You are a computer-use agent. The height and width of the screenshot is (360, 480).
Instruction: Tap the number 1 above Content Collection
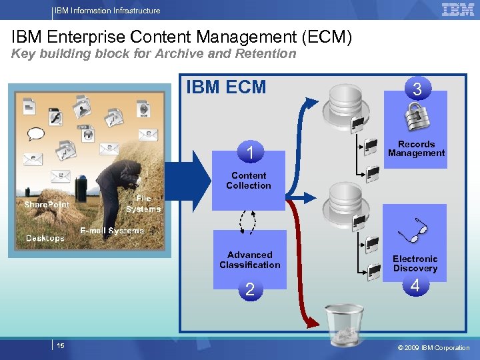[x=249, y=153]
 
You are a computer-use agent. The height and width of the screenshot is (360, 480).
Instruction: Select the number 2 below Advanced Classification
[x=249, y=289]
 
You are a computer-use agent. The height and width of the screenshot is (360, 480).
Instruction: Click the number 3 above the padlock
[x=417, y=89]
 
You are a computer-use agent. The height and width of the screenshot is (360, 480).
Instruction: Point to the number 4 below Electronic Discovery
[x=415, y=286]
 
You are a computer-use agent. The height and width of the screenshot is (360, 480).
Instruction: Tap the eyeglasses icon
[x=413, y=230]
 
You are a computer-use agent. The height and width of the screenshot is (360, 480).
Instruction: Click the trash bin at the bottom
[x=344, y=325]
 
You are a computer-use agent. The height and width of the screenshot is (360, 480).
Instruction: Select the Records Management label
[x=416, y=149]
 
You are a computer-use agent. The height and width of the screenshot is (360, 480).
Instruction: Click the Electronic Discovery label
[x=415, y=263]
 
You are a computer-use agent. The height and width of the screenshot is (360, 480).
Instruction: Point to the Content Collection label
[x=248, y=181]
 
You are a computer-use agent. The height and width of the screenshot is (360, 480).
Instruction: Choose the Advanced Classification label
[x=250, y=259]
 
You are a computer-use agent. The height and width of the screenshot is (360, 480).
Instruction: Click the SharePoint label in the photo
[x=47, y=205]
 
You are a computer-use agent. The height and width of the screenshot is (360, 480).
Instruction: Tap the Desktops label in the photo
[x=45, y=238]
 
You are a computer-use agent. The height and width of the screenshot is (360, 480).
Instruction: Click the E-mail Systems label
[x=112, y=231]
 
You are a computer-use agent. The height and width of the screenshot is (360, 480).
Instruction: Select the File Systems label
[x=143, y=204]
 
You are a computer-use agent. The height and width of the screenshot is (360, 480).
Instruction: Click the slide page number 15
[x=61, y=345]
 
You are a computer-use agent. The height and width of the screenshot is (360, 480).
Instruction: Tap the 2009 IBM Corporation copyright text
[x=433, y=347]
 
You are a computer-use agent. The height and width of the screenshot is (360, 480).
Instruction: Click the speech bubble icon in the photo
[x=35, y=133]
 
